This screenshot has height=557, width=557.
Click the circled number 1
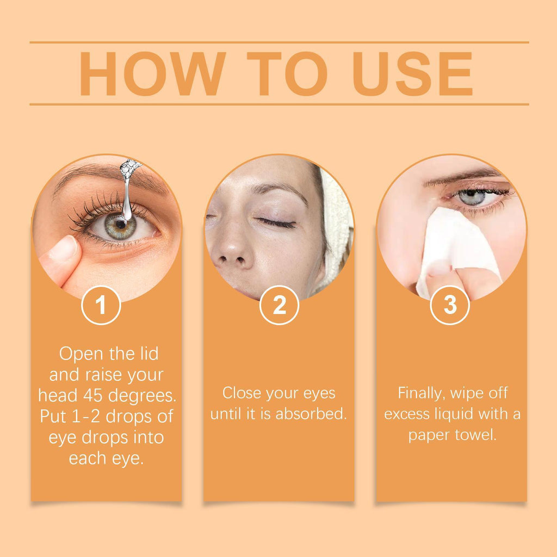101,305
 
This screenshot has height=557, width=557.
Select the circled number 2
279,305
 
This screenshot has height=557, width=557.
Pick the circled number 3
450,305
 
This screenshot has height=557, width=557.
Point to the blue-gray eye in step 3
472,197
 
